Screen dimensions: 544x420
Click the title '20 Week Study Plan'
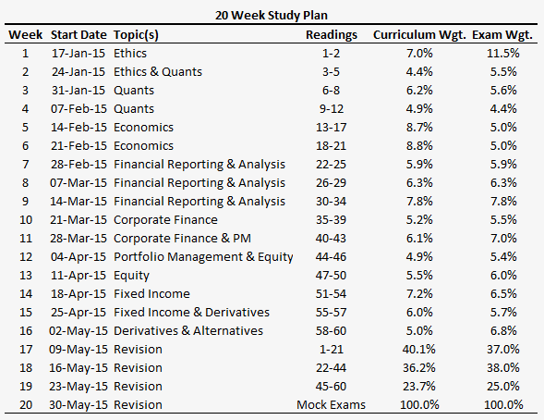click(x=272, y=16)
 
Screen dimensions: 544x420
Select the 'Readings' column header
click(x=332, y=35)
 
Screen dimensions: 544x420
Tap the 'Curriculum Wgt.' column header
click(x=419, y=35)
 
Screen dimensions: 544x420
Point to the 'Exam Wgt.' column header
click(x=502, y=35)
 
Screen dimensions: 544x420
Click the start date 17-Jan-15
click(x=79, y=53)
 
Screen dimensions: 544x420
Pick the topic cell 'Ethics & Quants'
click(x=158, y=71)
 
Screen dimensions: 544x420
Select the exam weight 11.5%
click(x=503, y=53)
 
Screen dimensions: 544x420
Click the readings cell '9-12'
click(x=332, y=109)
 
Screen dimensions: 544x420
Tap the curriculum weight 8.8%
click(x=419, y=145)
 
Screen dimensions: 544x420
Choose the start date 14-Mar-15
click(x=79, y=201)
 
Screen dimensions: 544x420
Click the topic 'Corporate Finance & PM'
click(x=182, y=239)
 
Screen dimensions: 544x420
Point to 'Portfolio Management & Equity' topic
click(x=203, y=257)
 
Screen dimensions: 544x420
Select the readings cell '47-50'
click(x=331, y=275)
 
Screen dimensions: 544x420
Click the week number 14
click(x=26, y=294)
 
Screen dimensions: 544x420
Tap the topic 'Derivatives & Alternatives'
click(x=188, y=330)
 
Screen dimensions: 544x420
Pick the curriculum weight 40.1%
click(x=419, y=349)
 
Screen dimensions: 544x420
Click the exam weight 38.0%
click(x=503, y=367)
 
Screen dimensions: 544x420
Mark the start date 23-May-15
click(x=79, y=387)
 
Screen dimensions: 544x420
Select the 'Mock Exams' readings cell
click(x=331, y=404)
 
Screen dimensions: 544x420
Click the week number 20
click(x=26, y=404)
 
